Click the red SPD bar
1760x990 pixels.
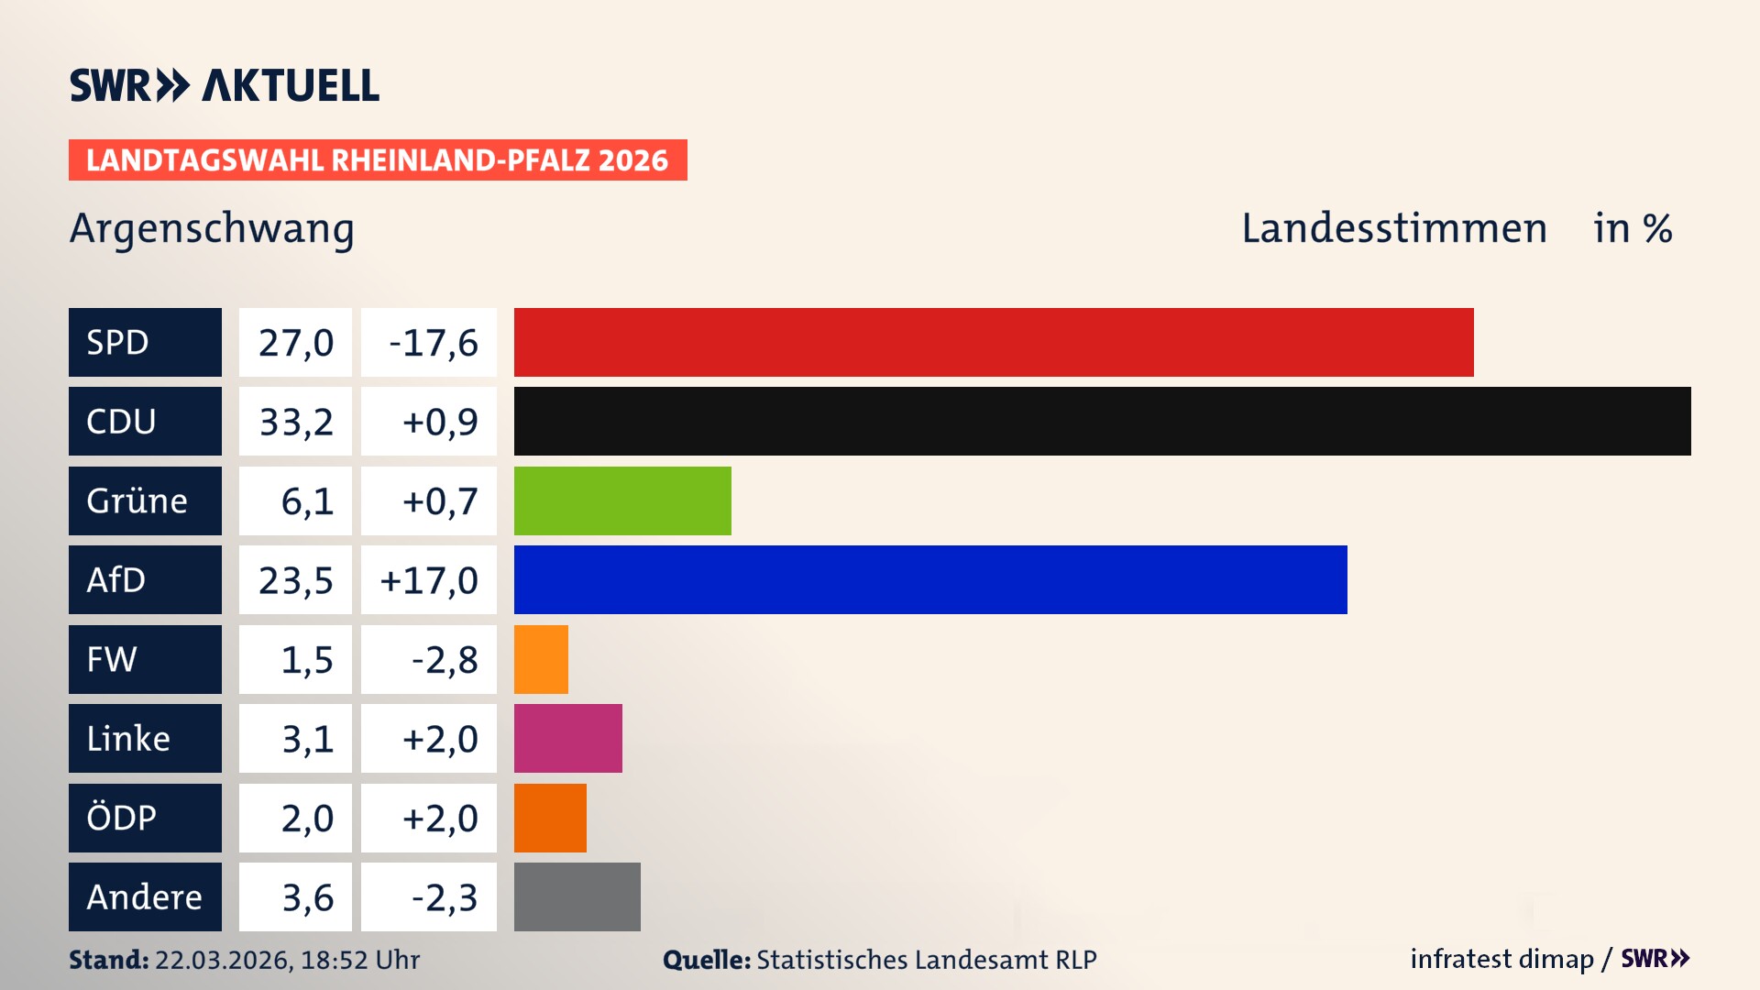pyautogui.click(x=994, y=342)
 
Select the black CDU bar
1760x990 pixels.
pyautogui.click(x=1102, y=421)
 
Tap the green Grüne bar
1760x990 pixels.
pyautogui.click(x=622, y=500)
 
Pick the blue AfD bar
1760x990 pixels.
pyautogui.click(x=930, y=579)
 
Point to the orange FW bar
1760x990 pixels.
pyautogui.click(x=541, y=659)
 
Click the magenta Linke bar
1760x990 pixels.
pyautogui.click(x=567, y=738)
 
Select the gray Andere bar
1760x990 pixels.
pyautogui.click(x=577, y=896)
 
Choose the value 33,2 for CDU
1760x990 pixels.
pyautogui.click(x=295, y=422)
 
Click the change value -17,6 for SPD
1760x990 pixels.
pyautogui.click(x=432, y=343)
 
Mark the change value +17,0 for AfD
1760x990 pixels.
pyautogui.click(x=429, y=580)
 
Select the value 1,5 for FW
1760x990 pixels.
pyautogui.click(x=306, y=660)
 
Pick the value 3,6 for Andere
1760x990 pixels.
pyautogui.click(x=306, y=897)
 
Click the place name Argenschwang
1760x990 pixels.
pyautogui.click(x=212, y=229)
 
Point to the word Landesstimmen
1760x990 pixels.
pyautogui.click(x=1393, y=228)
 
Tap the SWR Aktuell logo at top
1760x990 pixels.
pyautogui.click(x=225, y=85)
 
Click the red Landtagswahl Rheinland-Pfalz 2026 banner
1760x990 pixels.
pyautogui.click(x=377, y=160)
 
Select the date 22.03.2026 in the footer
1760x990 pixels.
pyautogui.click(x=223, y=960)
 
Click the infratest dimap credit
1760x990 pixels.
pyautogui.click(x=1501, y=959)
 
